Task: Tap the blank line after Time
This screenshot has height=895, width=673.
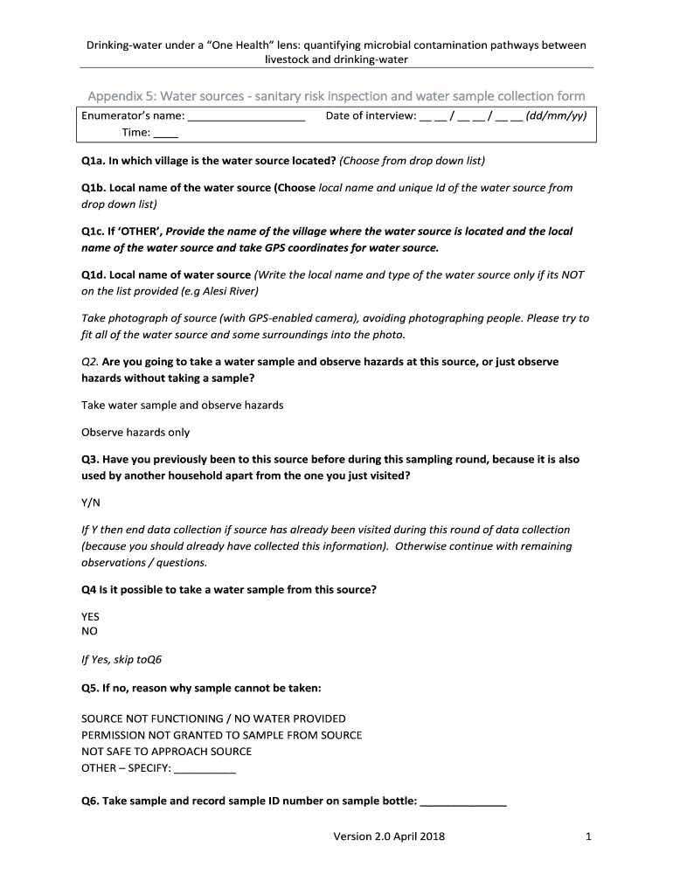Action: click(x=166, y=135)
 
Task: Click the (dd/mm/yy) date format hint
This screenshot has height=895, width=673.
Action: click(x=556, y=115)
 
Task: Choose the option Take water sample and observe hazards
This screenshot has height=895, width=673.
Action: click(x=182, y=406)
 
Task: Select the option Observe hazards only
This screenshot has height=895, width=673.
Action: click(x=135, y=433)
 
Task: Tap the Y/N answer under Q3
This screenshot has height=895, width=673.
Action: click(x=91, y=503)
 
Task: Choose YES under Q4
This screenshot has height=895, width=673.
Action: click(x=91, y=616)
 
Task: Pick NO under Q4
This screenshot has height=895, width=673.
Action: click(x=89, y=631)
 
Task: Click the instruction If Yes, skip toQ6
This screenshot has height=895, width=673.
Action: click(x=121, y=660)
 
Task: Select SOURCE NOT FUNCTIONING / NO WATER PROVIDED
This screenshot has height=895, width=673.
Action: click(x=213, y=718)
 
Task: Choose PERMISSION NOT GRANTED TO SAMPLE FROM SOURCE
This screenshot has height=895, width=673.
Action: click(x=221, y=735)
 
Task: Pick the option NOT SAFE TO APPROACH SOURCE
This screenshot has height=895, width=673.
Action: click(x=166, y=752)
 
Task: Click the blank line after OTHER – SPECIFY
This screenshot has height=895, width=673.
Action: click(x=205, y=770)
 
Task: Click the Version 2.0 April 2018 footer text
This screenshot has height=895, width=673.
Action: click(x=389, y=837)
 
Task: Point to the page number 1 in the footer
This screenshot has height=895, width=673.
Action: click(x=589, y=837)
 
